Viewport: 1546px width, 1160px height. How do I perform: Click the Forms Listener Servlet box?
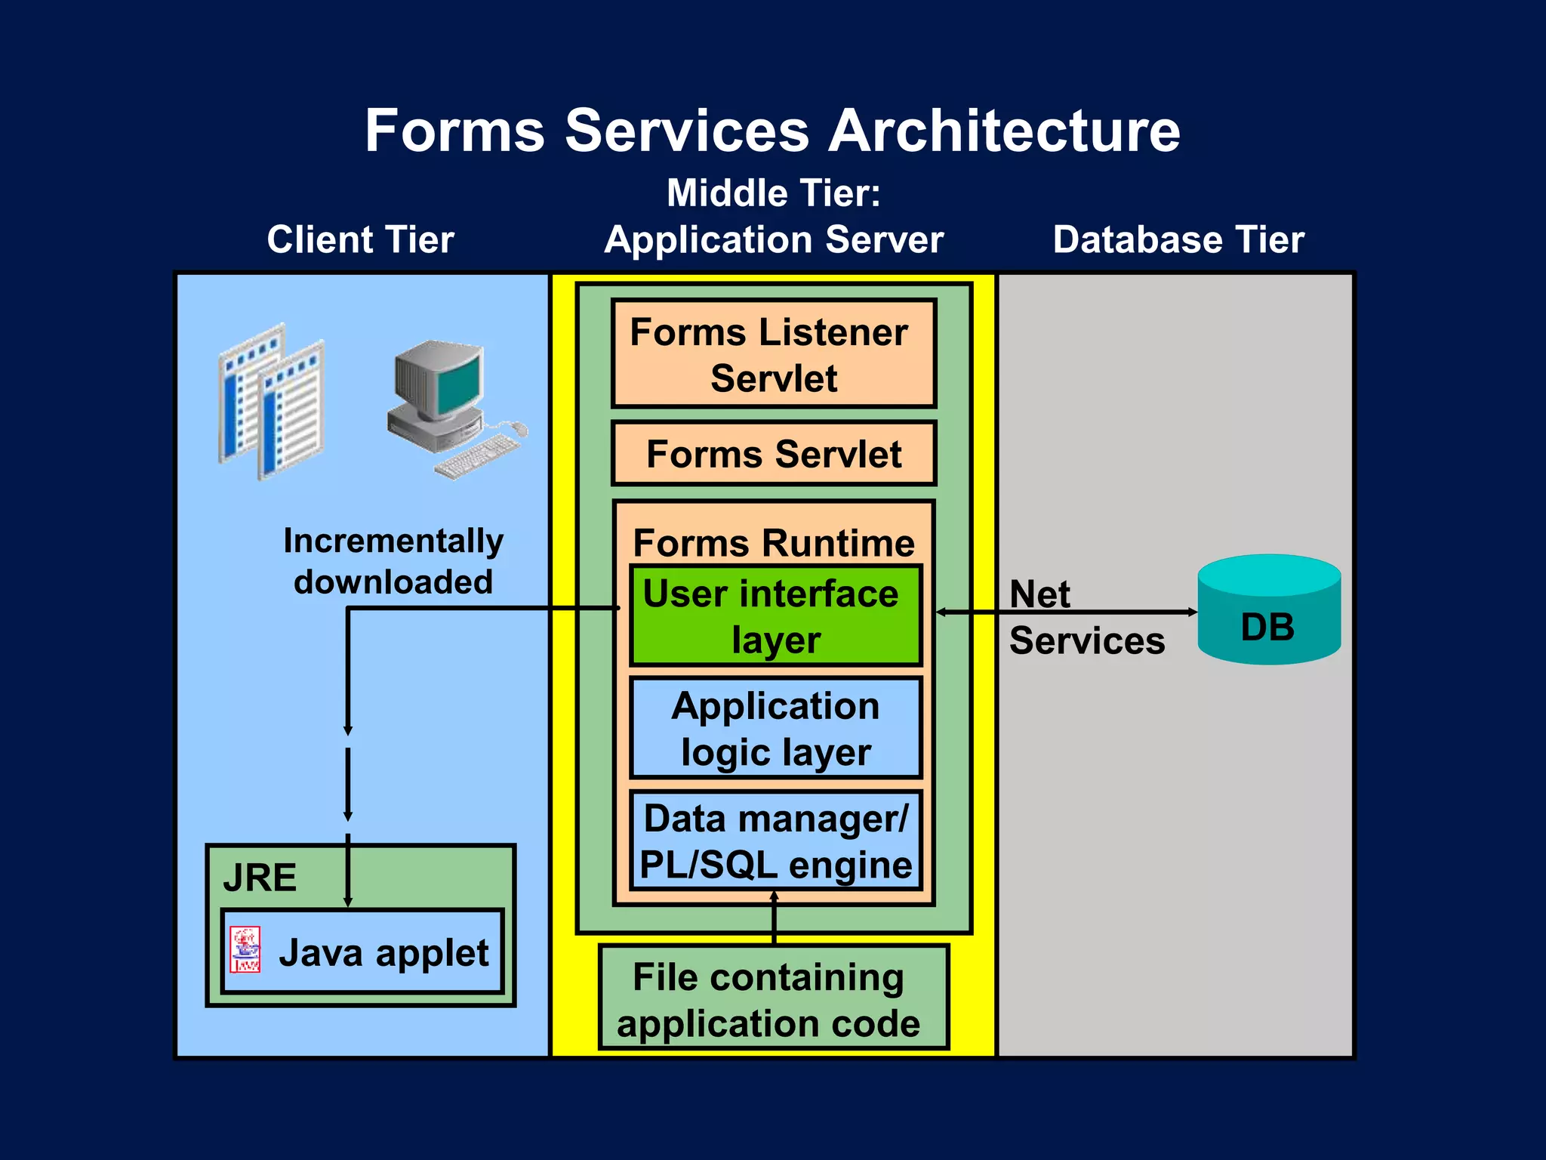773,353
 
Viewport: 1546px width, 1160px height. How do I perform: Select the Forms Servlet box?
773,454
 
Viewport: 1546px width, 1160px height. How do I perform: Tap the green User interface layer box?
775,615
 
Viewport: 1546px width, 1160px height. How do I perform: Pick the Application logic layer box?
775,728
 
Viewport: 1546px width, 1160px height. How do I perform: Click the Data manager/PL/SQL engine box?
775,841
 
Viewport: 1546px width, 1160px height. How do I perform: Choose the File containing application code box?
773,998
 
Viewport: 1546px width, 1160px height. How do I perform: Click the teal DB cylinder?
1268,612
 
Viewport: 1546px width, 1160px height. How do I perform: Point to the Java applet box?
362,952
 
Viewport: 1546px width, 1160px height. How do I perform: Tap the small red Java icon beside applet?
245,949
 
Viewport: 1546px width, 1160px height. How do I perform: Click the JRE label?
260,878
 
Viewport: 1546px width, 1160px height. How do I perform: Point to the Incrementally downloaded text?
393,561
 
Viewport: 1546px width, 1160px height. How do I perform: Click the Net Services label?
1086,617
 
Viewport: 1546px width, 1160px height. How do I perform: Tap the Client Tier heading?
360,239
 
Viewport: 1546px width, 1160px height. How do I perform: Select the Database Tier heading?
1178,239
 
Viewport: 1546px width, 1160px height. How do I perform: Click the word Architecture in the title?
1004,131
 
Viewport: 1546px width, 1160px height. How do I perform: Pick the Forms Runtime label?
773,542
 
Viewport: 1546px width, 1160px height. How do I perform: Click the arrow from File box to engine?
774,918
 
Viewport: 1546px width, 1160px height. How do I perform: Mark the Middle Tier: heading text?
773,193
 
